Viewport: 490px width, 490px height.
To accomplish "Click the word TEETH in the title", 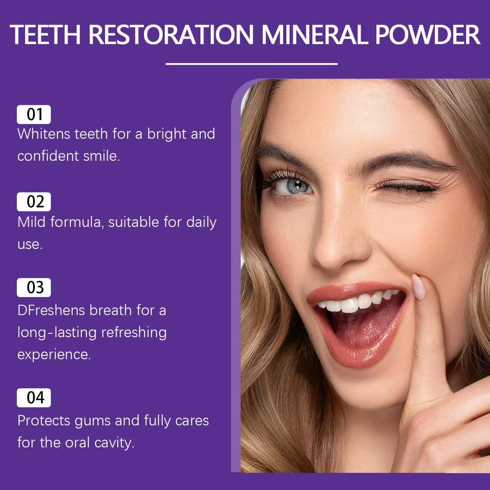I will click(x=45, y=34).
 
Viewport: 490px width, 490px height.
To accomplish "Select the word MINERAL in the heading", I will click(x=315, y=34).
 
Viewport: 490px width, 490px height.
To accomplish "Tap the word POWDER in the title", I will click(x=427, y=34).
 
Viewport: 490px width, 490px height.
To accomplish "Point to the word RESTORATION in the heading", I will click(x=171, y=34).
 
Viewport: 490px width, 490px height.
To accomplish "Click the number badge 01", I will click(x=34, y=114).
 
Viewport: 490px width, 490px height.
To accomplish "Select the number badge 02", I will click(x=34, y=202).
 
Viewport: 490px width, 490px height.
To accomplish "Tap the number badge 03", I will click(x=34, y=287).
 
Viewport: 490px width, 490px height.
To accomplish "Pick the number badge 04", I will click(x=34, y=398).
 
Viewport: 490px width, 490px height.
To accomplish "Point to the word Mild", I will click(x=31, y=222).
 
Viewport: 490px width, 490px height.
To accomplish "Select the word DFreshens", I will click(x=51, y=310).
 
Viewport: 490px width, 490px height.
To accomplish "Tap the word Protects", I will click(x=44, y=421).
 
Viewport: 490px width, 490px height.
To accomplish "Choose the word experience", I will click(x=54, y=354).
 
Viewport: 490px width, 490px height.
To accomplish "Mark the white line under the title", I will click(x=252, y=64).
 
